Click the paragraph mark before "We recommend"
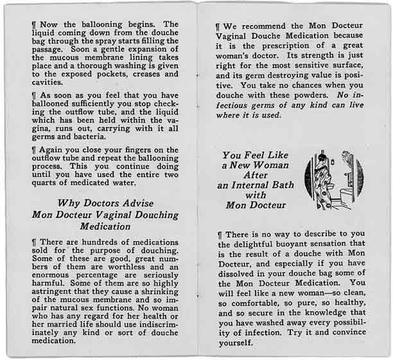click(219, 28)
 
